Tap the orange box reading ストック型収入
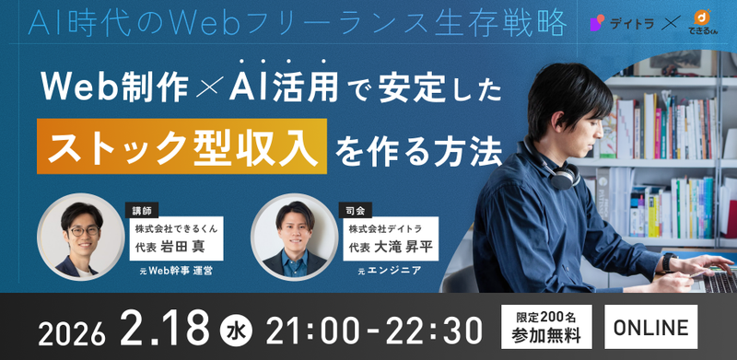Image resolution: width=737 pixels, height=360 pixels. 182,145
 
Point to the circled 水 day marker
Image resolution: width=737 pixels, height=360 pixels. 235,328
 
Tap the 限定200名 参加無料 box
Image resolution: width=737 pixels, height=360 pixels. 546,327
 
